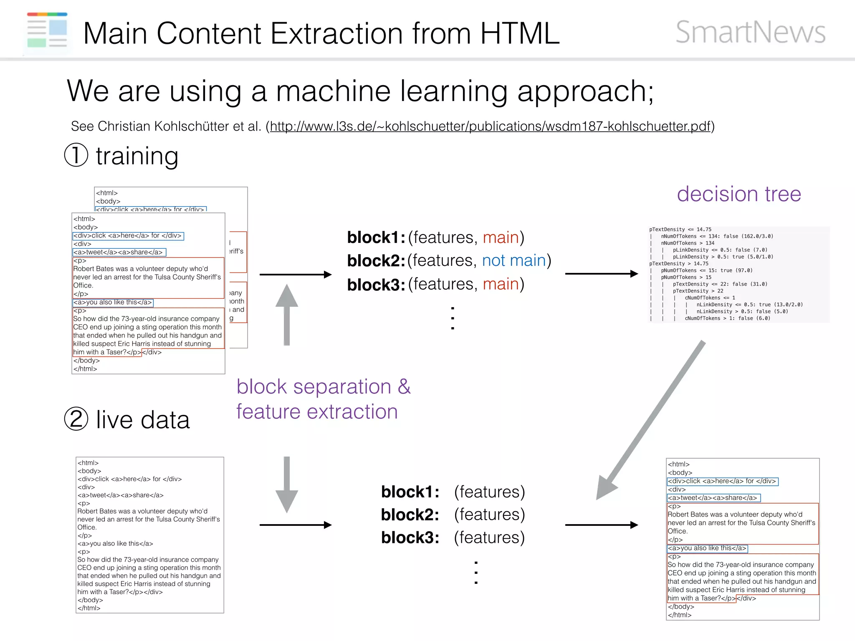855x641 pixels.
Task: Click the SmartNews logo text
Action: click(x=750, y=32)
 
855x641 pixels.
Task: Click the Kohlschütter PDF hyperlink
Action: click(x=490, y=126)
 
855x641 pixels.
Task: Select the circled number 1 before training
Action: click(x=76, y=155)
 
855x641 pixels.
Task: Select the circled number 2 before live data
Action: click(x=76, y=419)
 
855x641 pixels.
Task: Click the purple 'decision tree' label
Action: click(x=739, y=194)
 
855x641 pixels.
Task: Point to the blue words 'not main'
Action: click(x=514, y=260)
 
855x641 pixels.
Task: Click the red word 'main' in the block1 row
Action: click(x=500, y=237)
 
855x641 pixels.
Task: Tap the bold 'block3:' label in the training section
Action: click(x=376, y=285)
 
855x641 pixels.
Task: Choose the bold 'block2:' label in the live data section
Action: click(x=410, y=515)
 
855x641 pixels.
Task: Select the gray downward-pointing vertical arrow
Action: click(x=286, y=484)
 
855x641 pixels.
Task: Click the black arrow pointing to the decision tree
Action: click(x=601, y=274)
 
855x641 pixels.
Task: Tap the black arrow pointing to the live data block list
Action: click(x=295, y=525)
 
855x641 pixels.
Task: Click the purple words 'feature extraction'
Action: click(x=316, y=412)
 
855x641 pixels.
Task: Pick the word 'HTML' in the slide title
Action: click(x=519, y=33)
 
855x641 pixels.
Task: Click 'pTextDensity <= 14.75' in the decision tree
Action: click(x=680, y=229)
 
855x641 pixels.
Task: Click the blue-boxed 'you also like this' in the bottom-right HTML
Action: click(x=707, y=548)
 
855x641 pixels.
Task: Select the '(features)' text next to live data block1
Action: click(x=489, y=492)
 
